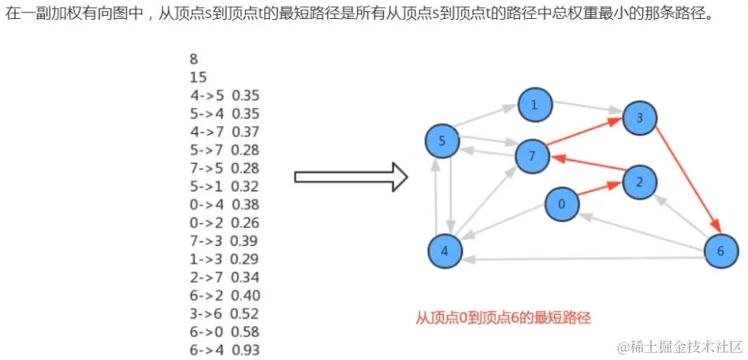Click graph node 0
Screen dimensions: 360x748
pyautogui.click(x=561, y=205)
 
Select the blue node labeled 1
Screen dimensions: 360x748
pyautogui.click(x=534, y=106)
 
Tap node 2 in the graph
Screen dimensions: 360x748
pyautogui.click(x=639, y=182)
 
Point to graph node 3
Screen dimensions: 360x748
pyautogui.click(x=639, y=118)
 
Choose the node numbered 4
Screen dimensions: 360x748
pyautogui.click(x=445, y=251)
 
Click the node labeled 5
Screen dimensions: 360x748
pyautogui.click(x=441, y=142)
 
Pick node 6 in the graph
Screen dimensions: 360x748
pyautogui.click(x=721, y=251)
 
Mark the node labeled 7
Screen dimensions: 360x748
pyautogui.click(x=533, y=156)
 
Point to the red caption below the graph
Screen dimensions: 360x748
pyautogui.click(x=503, y=318)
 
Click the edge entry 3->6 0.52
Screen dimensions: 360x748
pyautogui.click(x=225, y=314)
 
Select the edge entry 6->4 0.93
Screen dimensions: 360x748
pyautogui.click(x=225, y=350)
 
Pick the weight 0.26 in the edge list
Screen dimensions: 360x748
pyautogui.click(x=246, y=223)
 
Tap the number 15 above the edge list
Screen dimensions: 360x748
pyautogui.click(x=197, y=77)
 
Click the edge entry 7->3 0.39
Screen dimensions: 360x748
pyautogui.click(x=225, y=241)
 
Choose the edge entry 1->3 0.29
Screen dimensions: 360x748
pyautogui.click(x=225, y=259)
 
